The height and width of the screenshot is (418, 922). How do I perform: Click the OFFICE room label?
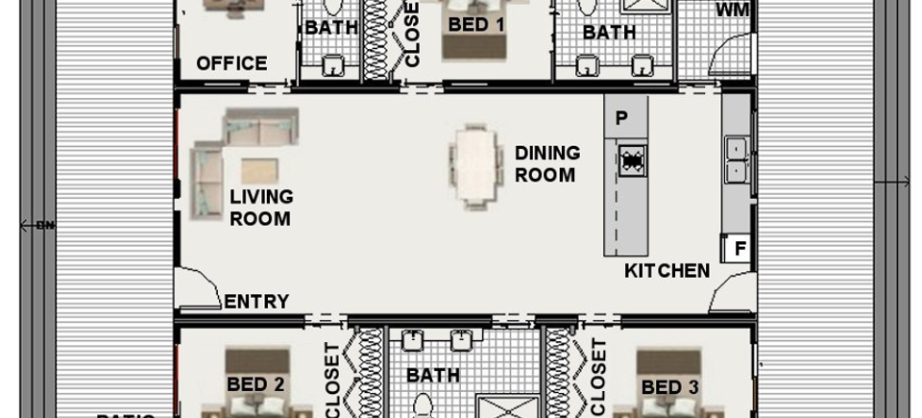[231, 63]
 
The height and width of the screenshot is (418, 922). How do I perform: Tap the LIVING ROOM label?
[260, 208]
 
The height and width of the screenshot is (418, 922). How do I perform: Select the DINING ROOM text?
[547, 163]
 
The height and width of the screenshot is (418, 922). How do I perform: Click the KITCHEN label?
[667, 271]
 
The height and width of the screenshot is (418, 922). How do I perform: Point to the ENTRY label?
[256, 302]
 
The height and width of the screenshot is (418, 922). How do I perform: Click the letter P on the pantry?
[621, 118]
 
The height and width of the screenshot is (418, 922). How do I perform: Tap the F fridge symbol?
[740, 249]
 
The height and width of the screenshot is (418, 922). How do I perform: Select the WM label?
[734, 11]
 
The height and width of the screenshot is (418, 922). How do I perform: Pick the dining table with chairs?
[476, 167]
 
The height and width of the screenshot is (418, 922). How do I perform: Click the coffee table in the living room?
[259, 170]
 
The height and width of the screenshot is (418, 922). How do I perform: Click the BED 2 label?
[255, 384]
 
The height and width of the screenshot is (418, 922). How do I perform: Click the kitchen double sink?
[737, 160]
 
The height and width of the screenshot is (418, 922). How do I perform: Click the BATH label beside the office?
[331, 28]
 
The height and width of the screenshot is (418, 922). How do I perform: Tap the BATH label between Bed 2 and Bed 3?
[433, 375]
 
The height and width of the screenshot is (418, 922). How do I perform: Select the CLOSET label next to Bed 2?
[332, 381]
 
